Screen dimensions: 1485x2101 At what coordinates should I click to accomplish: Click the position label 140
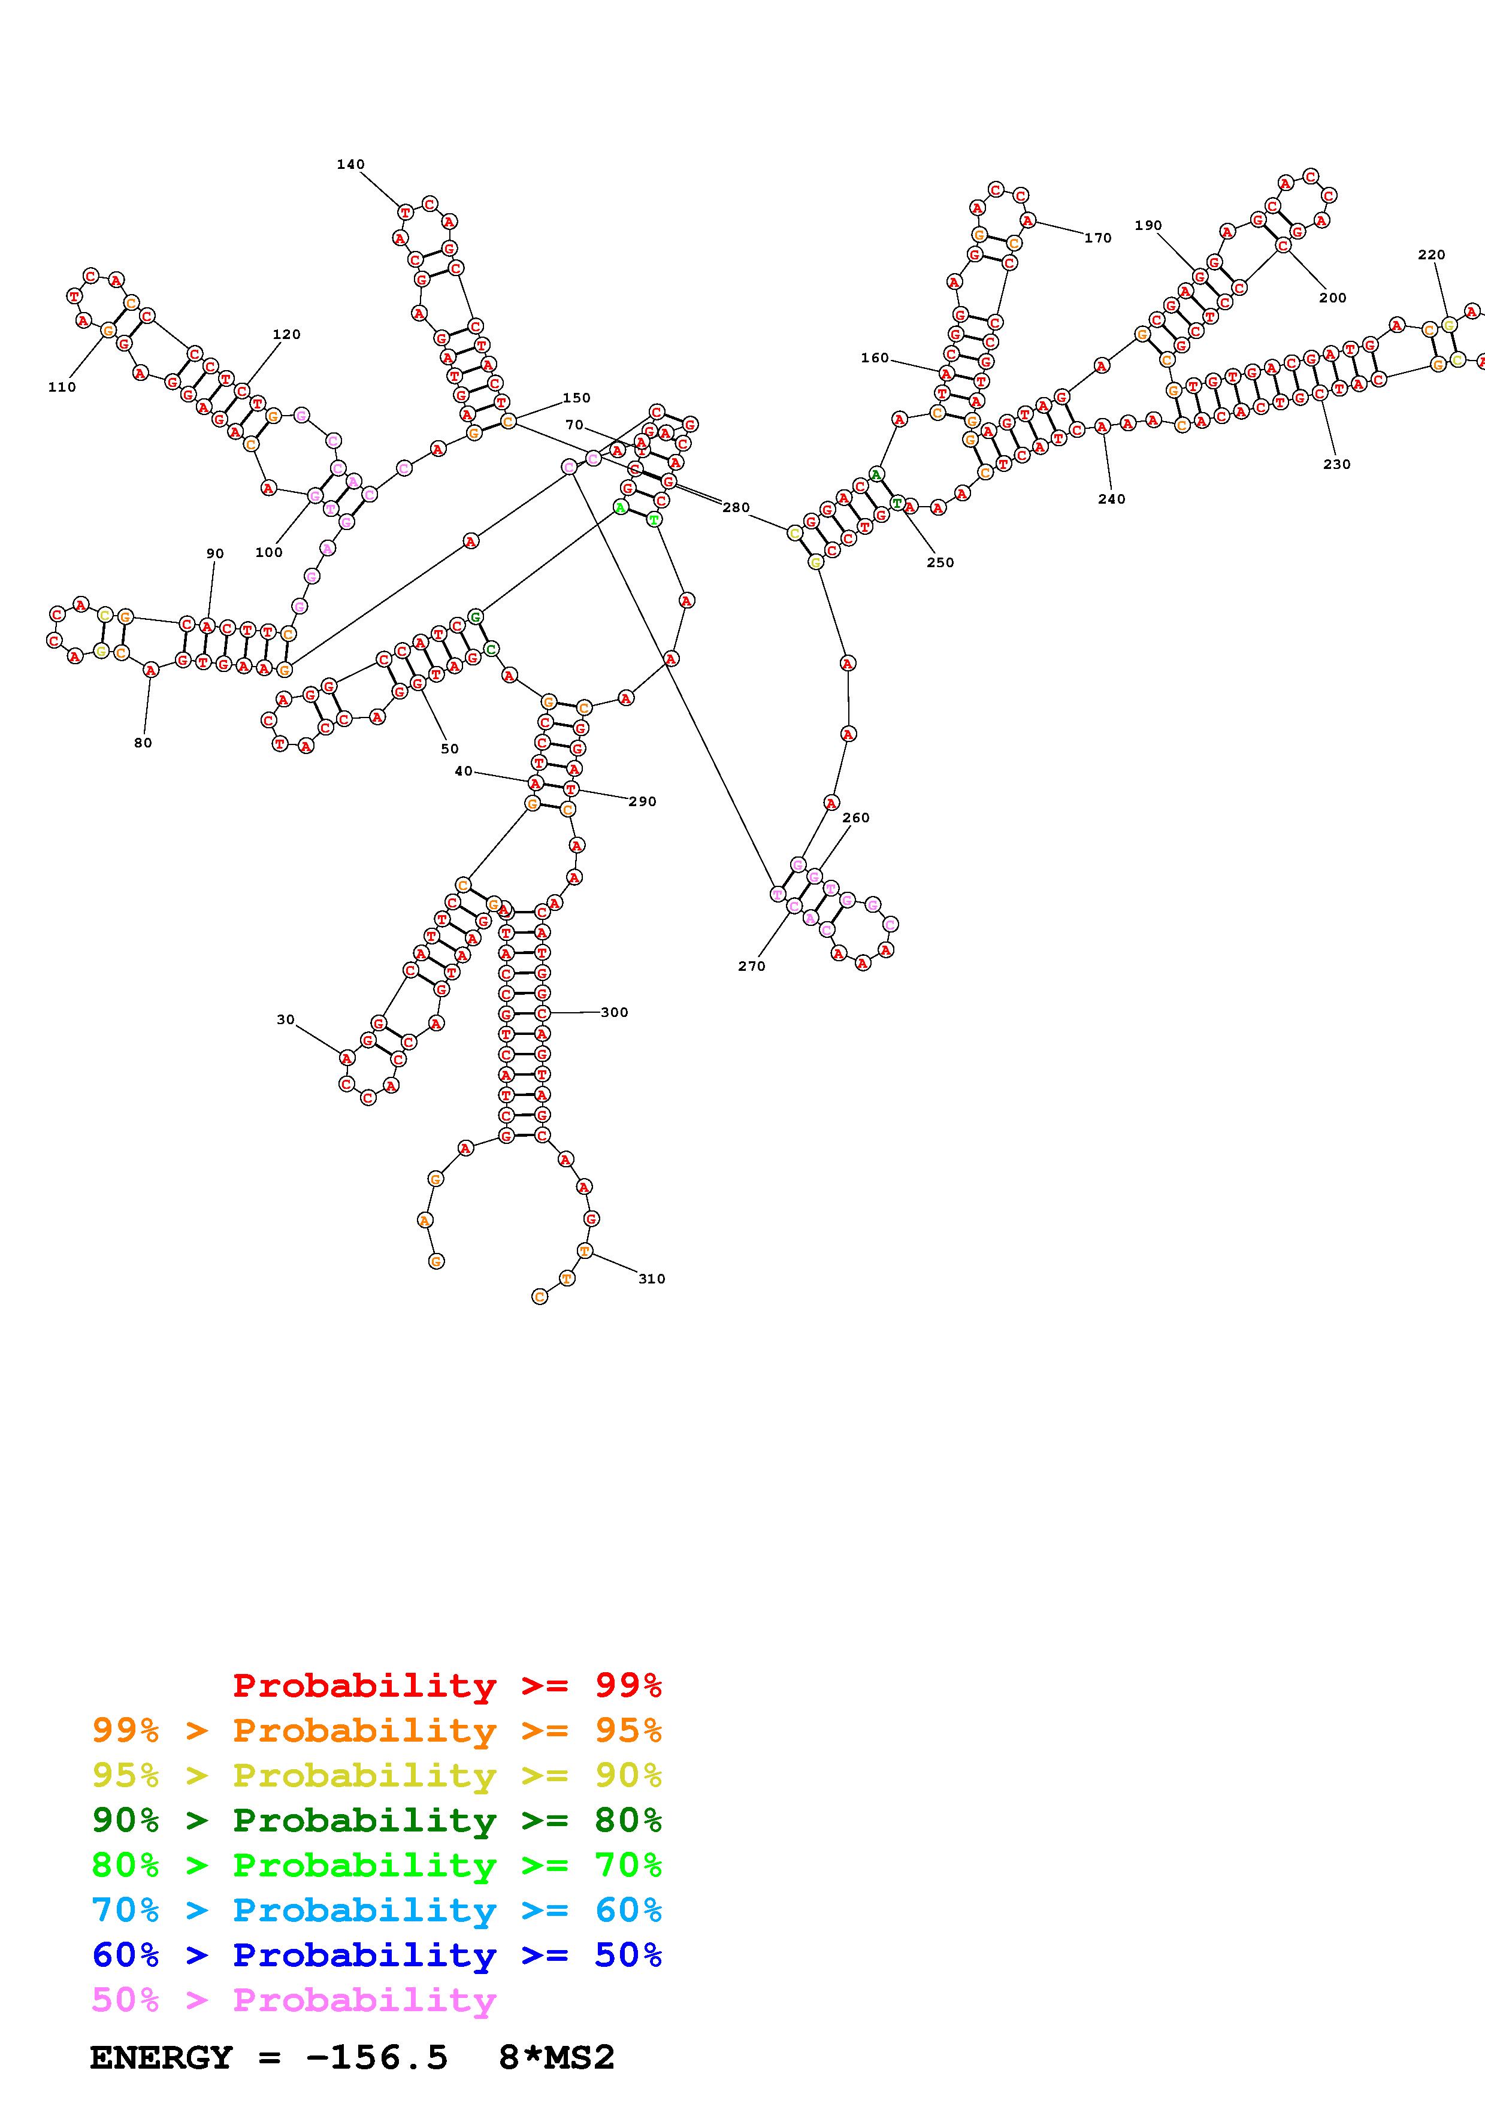tap(350, 165)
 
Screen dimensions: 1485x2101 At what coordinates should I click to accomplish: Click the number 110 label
tap(62, 387)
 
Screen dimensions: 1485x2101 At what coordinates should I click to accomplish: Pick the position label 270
tap(751, 965)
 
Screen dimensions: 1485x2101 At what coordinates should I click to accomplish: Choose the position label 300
tap(614, 1012)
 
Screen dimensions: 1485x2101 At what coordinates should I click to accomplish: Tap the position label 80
tap(143, 743)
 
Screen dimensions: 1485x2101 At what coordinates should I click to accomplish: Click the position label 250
tap(940, 563)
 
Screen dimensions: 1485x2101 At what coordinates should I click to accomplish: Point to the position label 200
tap(1332, 298)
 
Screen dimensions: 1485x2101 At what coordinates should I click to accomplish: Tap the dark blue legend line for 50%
tap(376, 1955)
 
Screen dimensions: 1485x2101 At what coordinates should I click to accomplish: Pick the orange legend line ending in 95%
tap(376, 1730)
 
